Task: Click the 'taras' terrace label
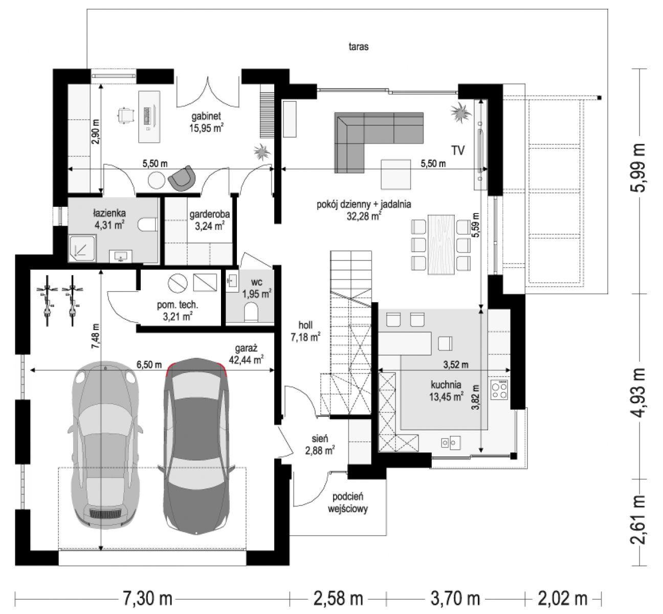pyautogui.click(x=359, y=47)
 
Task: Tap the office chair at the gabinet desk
pyautogui.click(x=125, y=116)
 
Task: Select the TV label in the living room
pyautogui.click(x=458, y=150)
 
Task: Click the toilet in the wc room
pyautogui.click(x=251, y=312)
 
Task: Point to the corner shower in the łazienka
pyautogui.click(x=82, y=248)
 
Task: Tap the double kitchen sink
pyautogui.click(x=451, y=443)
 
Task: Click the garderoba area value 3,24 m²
pyautogui.click(x=209, y=227)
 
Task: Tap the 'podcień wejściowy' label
pyautogui.click(x=347, y=503)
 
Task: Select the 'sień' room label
pyautogui.click(x=320, y=438)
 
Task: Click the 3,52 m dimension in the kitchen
pyautogui.click(x=456, y=365)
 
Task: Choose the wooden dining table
pyautogui.click(x=441, y=245)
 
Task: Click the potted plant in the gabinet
pyautogui.click(x=262, y=152)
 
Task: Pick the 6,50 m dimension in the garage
pyautogui.click(x=149, y=364)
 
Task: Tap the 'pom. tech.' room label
pyautogui.click(x=178, y=304)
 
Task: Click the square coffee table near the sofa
pyautogui.click(x=396, y=174)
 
